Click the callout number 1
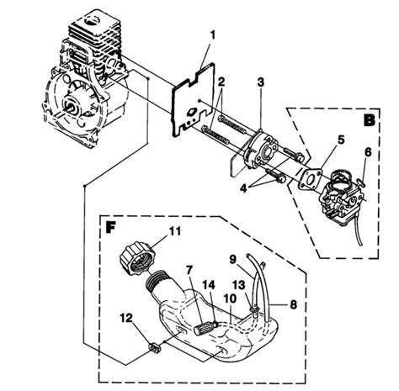click(213, 35)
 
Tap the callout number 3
click(261, 82)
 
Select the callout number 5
click(341, 140)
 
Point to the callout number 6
click(368, 152)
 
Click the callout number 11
click(174, 231)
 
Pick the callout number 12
click(126, 318)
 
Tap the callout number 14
click(210, 285)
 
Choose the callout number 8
click(293, 304)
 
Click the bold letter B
click(370, 120)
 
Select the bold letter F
click(110, 228)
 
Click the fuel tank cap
click(137, 258)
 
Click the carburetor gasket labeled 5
click(310, 178)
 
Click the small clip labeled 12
click(154, 348)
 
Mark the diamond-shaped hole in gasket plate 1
click(191, 112)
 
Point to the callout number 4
click(243, 188)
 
